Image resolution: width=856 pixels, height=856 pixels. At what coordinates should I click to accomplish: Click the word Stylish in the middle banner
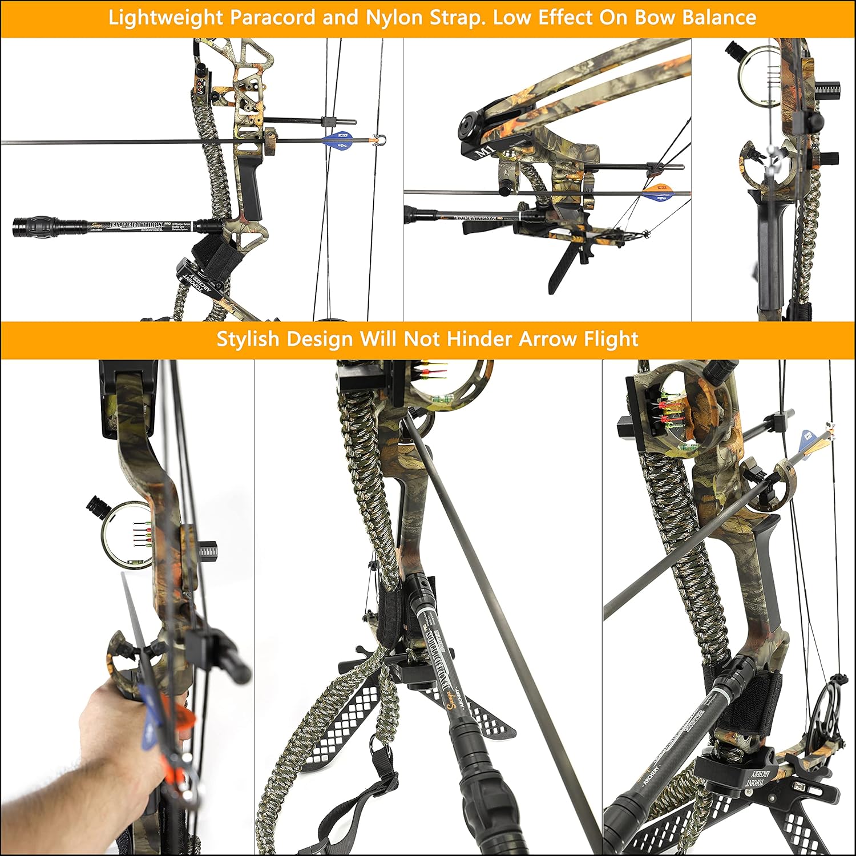point(248,339)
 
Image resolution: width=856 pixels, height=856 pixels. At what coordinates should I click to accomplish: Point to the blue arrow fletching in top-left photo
point(341,140)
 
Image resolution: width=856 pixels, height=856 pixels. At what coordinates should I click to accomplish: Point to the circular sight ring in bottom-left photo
point(126,535)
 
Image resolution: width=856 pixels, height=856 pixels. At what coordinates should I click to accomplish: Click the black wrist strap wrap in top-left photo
point(210,251)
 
